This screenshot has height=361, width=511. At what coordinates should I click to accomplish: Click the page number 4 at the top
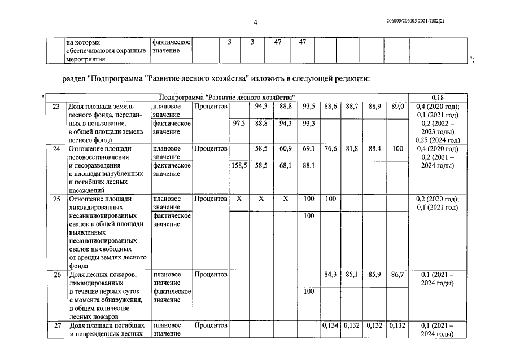[255, 23]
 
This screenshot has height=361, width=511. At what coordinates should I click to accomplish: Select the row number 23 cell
[56, 107]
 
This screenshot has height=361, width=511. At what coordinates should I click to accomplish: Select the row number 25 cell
[56, 199]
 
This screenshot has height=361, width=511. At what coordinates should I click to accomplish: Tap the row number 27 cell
[56, 325]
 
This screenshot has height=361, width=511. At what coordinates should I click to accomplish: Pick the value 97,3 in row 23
[239, 123]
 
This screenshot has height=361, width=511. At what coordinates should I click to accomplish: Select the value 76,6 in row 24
[331, 149]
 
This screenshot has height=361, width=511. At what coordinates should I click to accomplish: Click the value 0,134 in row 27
[331, 325]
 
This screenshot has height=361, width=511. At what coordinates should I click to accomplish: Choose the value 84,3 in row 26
[331, 275]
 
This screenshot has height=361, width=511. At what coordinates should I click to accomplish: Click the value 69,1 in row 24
[308, 149]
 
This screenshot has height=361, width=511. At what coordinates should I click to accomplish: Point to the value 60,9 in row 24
[285, 149]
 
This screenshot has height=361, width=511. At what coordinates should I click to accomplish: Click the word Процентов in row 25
[211, 199]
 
